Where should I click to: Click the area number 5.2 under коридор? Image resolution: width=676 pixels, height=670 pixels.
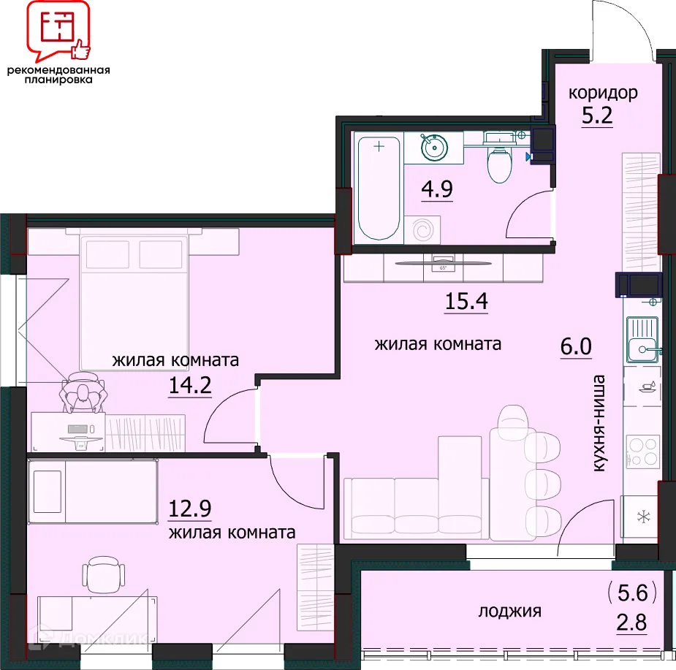coord(597,115)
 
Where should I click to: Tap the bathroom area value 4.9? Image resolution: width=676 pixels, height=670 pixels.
coord(437,189)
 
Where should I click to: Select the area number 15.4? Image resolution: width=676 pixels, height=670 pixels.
coord(466,301)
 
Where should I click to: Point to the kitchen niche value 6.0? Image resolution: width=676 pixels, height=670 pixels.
coord(576,346)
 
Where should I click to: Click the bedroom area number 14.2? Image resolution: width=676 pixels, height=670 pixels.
coord(190,385)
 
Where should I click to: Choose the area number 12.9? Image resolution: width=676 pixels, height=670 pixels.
coord(190,509)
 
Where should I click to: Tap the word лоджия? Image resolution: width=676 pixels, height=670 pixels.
coord(509,612)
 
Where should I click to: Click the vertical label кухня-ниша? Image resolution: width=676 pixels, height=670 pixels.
coord(599,423)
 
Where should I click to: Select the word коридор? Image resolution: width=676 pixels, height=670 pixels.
coord(603,94)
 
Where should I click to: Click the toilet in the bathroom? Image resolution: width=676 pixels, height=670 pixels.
coord(500,161)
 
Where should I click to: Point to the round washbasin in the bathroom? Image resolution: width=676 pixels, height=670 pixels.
coord(434,148)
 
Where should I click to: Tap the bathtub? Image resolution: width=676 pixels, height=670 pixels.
coord(379,189)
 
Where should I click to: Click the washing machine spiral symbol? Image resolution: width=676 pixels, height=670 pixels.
coord(422,230)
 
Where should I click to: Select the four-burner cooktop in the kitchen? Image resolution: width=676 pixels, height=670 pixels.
coord(642,451)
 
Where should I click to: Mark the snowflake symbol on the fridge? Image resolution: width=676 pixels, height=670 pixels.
coord(644,516)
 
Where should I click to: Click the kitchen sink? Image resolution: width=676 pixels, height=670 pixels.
coord(643,340)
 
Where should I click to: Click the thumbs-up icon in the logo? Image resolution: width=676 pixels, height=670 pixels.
coord(80,49)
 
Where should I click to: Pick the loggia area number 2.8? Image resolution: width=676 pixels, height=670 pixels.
coord(631,623)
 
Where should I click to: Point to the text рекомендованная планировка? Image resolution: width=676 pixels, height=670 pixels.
coord(58,75)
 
